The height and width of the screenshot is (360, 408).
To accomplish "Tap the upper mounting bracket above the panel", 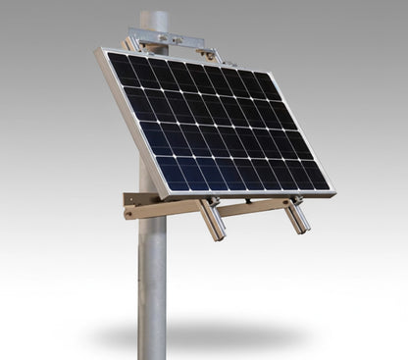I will click(x=172, y=40).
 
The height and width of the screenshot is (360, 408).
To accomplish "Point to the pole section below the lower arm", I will click(x=152, y=284).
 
